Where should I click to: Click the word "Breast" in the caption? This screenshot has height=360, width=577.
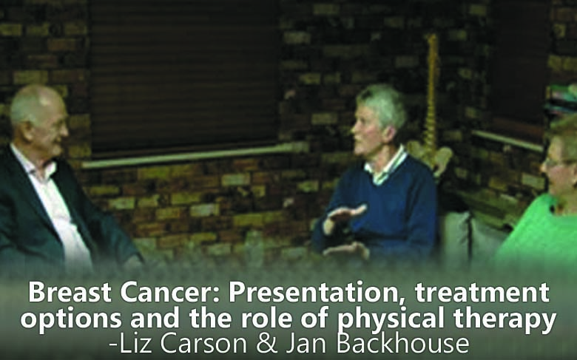click(x=70, y=292)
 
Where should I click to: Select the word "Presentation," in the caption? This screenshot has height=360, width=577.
click(x=317, y=293)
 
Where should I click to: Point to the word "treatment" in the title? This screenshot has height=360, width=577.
click(x=482, y=293)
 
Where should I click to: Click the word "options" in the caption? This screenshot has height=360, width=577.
click(x=71, y=319)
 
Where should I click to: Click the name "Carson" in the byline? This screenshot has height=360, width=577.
click(x=203, y=344)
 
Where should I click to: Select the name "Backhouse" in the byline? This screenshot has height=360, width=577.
click(x=402, y=343)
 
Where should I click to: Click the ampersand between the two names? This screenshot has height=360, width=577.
click(x=266, y=344)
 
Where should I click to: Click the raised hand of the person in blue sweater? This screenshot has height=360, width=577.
click(x=347, y=214)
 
